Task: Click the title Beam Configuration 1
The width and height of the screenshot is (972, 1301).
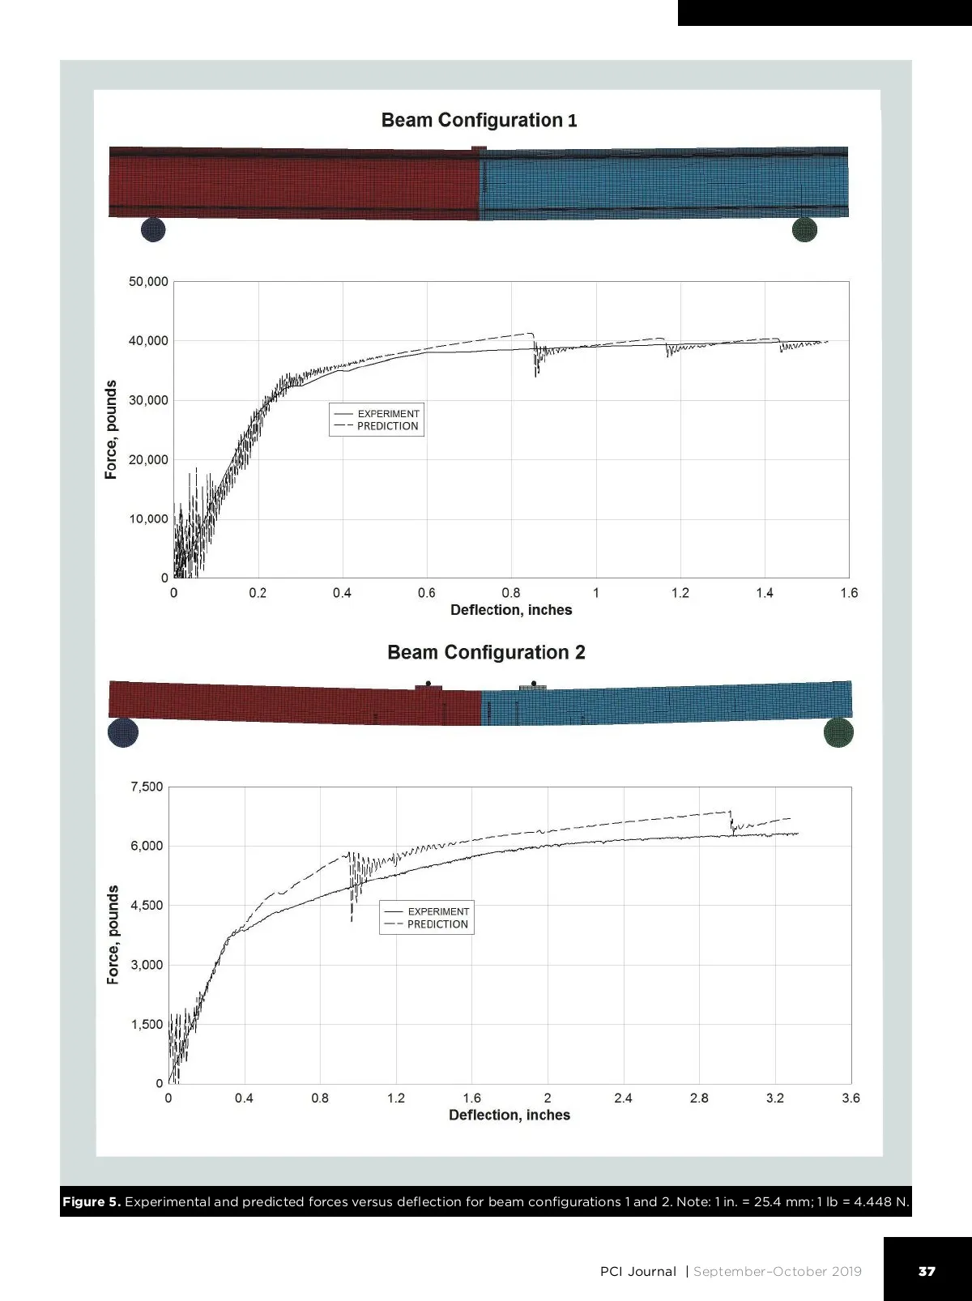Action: point(479,121)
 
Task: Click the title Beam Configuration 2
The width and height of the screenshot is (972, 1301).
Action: point(486,653)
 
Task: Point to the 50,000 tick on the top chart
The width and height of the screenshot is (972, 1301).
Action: point(148,282)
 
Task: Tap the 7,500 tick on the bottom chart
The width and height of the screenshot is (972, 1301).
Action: point(147,787)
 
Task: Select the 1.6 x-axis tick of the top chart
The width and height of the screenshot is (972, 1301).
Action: point(849,593)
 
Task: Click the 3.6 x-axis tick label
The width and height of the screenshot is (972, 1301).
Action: point(850,1098)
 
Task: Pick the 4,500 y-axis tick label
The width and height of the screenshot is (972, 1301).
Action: point(147,906)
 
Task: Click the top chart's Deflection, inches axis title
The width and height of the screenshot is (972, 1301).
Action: point(511,610)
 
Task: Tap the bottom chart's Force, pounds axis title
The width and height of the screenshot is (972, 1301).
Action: point(113,935)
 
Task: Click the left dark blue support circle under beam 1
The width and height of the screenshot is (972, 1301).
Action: point(153,229)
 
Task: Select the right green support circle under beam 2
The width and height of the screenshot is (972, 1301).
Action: point(838,733)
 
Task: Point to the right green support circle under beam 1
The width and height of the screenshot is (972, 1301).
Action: point(804,230)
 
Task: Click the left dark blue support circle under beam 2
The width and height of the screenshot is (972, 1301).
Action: point(123,732)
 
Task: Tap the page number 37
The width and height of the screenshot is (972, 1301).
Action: point(927,1272)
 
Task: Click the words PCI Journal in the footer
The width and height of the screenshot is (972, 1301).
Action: point(637,1272)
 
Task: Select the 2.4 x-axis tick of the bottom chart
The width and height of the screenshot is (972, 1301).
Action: point(623,1098)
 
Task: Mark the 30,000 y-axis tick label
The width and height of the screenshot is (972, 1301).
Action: point(148,400)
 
